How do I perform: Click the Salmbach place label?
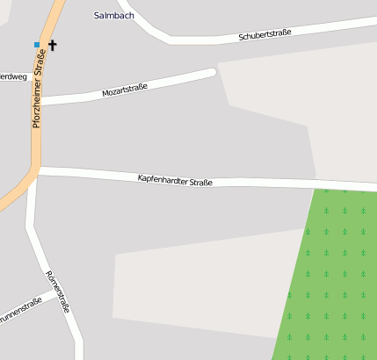click(x=114, y=15)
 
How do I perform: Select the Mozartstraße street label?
click(x=124, y=89)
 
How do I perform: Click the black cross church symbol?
click(x=53, y=44)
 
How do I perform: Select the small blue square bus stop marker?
click(x=37, y=44)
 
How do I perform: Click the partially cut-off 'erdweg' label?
click(x=12, y=76)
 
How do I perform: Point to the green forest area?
click(x=334, y=272)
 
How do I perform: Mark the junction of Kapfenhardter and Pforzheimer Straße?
click(x=37, y=170)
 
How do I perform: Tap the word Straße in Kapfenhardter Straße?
click(x=199, y=181)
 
